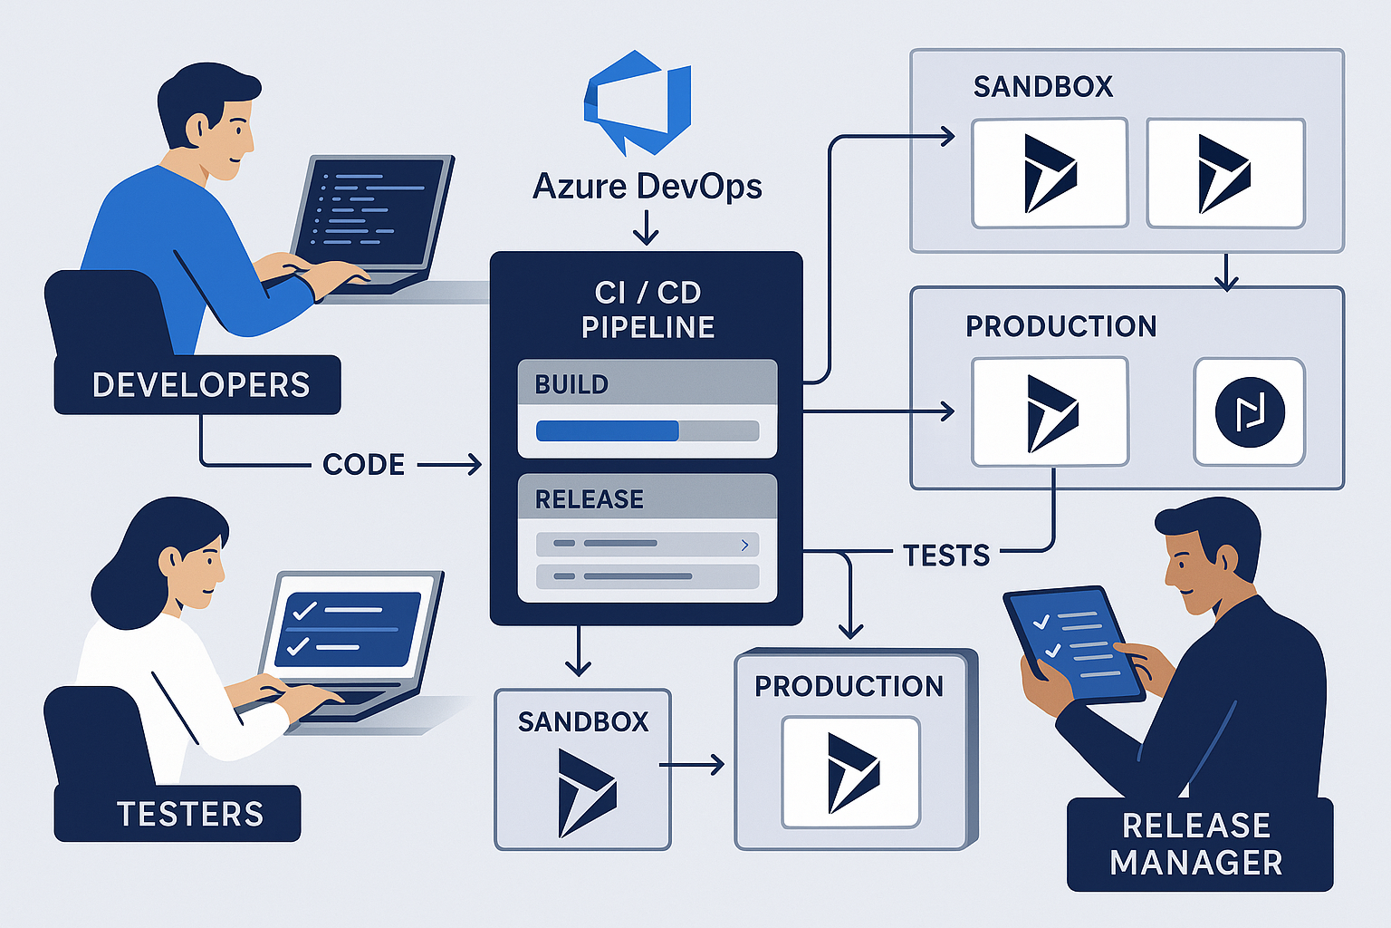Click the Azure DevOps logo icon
[638, 101]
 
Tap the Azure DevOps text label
[647, 187]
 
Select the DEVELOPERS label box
[198, 385]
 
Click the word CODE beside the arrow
[363, 465]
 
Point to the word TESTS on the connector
[945, 555]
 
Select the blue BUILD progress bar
[608, 430]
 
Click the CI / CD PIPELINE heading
[647, 309]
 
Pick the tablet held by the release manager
[1074, 643]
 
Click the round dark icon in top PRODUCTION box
[1249, 412]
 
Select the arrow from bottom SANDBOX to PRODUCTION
[692, 765]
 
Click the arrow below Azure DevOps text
[646, 227]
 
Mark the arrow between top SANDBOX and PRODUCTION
[1225, 271]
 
